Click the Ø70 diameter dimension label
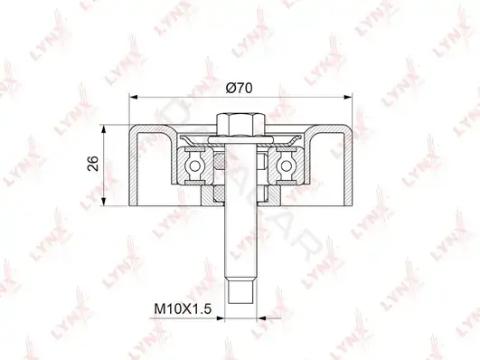pyautogui.click(x=239, y=88)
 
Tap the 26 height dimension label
pyautogui.click(x=93, y=164)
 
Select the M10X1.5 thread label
pyautogui.click(x=183, y=308)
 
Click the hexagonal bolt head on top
pyautogui.click(x=240, y=126)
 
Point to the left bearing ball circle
pyautogui.click(x=194, y=166)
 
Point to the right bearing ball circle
pyautogui.click(x=287, y=166)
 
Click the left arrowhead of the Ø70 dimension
pyautogui.click(x=134, y=97)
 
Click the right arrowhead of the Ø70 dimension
pyautogui.click(x=348, y=97)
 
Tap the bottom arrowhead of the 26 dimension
pyautogui.click(x=104, y=202)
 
